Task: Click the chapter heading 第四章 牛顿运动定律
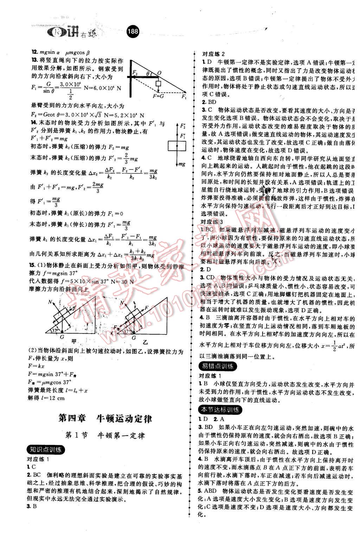(x=105, y=419)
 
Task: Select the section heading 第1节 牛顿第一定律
(x=105, y=435)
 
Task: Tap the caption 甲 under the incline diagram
(x=74, y=341)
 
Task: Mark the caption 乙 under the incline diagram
(x=145, y=341)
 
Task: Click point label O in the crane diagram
(x=159, y=73)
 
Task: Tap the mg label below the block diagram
(x=182, y=164)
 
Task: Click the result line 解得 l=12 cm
(x=46, y=398)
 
